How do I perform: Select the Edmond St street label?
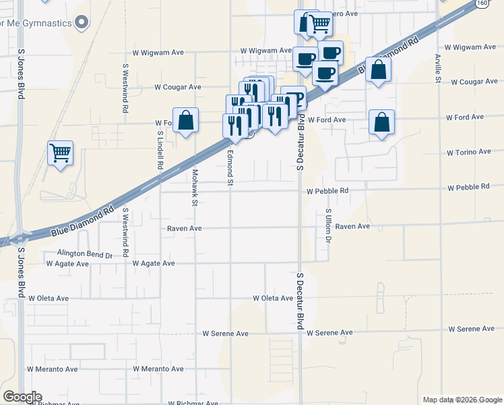(x=230, y=167)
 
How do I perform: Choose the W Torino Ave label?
(x=469, y=153)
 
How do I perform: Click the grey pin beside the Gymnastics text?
(x=82, y=23)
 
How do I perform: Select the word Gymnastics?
(x=47, y=24)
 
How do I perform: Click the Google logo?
(x=22, y=397)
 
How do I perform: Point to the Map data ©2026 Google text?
(x=462, y=400)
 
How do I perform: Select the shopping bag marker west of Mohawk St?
(x=186, y=121)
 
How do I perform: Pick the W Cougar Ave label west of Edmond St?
(x=178, y=87)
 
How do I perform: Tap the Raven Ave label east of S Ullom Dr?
(x=353, y=227)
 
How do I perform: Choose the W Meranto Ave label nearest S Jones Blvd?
(x=52, y=369)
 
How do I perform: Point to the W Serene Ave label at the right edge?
(x=471, y=329)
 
